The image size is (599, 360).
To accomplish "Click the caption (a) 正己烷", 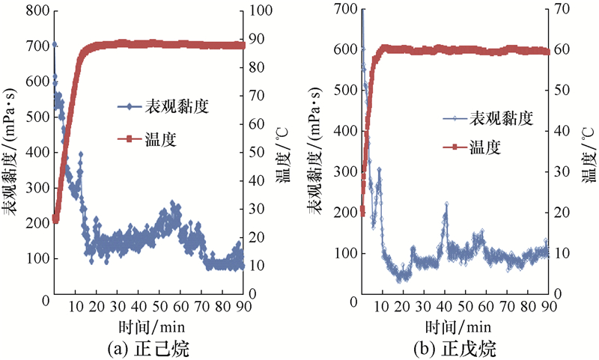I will click(148, 348).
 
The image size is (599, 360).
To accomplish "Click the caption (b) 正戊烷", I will click(457, 348).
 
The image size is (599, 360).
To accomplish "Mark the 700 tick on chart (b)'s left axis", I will click(345, 9).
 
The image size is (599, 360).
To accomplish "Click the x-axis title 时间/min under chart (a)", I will click(148, 327).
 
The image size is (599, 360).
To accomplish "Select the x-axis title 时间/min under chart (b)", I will click(457, 327).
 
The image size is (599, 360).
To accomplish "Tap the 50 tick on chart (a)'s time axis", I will click(159, 306).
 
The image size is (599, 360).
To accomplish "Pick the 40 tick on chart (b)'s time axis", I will click(444, 306).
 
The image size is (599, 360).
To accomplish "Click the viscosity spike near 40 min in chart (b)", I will click(446, 204).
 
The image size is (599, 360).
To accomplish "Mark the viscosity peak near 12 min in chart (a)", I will click(80, 154).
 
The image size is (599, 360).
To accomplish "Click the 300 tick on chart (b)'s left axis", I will click(345, 171).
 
